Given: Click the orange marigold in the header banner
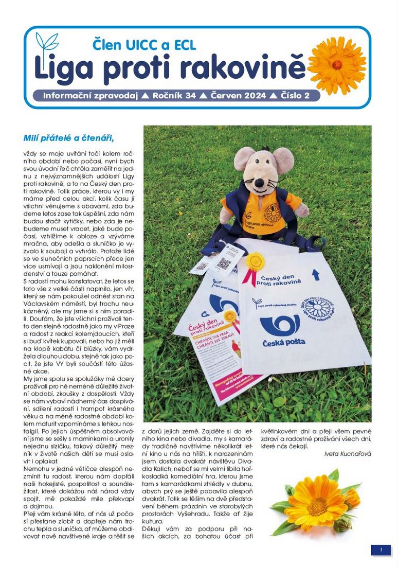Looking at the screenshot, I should (x=337, y=65).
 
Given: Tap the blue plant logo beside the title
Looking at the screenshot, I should (x=47, y=43).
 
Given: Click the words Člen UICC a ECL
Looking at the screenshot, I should (x=144, y=45).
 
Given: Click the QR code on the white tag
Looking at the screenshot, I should (x=224, y=264).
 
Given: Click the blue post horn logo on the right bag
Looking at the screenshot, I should (x=280, y=325).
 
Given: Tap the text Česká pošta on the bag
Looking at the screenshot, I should (x=283, y=342).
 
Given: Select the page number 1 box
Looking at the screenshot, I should (x=381, y=550).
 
